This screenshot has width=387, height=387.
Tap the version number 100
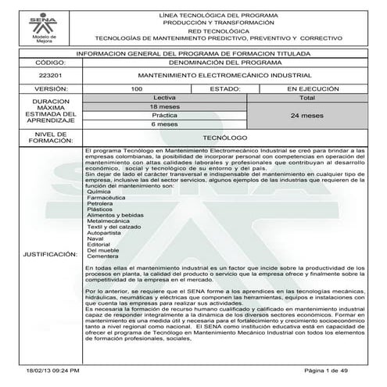point(137,91)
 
